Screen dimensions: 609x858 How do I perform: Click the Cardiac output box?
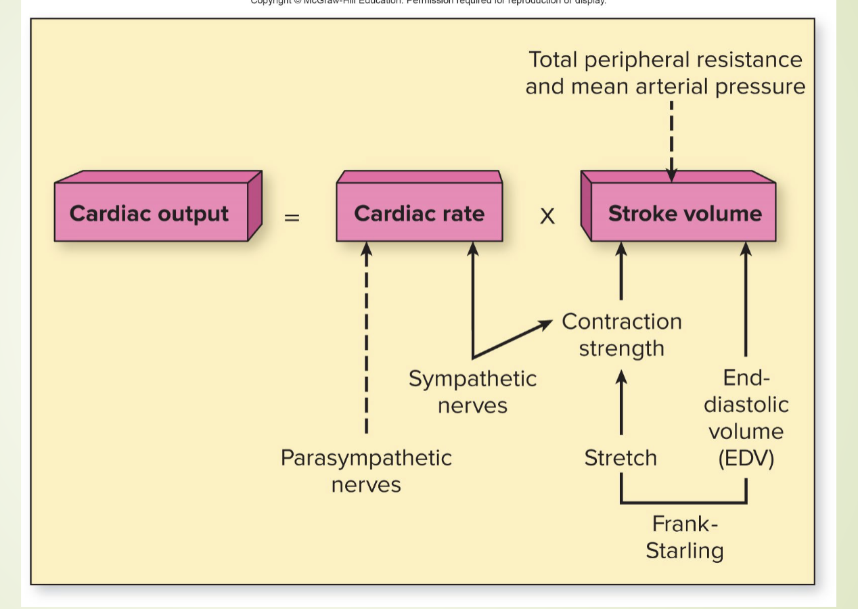[x=150, y=214]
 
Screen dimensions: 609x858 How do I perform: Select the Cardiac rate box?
[x=419, y=214]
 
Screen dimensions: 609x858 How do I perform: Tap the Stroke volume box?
[x=684, y=214]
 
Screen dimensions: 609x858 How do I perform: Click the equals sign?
[x=291, y=218]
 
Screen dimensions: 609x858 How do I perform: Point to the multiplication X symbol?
[x=547, y=217]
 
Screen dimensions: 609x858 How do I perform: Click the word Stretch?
[x=620, y=458]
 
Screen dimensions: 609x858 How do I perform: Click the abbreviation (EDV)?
[x=746, y=459]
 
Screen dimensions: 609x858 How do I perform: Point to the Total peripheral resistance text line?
[x=665, y=60]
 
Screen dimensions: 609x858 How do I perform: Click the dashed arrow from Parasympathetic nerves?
[x=366, y=338]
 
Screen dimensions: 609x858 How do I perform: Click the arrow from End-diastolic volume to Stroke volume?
[x=746, y=298]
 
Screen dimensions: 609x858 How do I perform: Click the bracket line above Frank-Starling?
[x=683, y=503]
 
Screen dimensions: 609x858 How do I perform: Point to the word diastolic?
[x=746, y=405]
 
